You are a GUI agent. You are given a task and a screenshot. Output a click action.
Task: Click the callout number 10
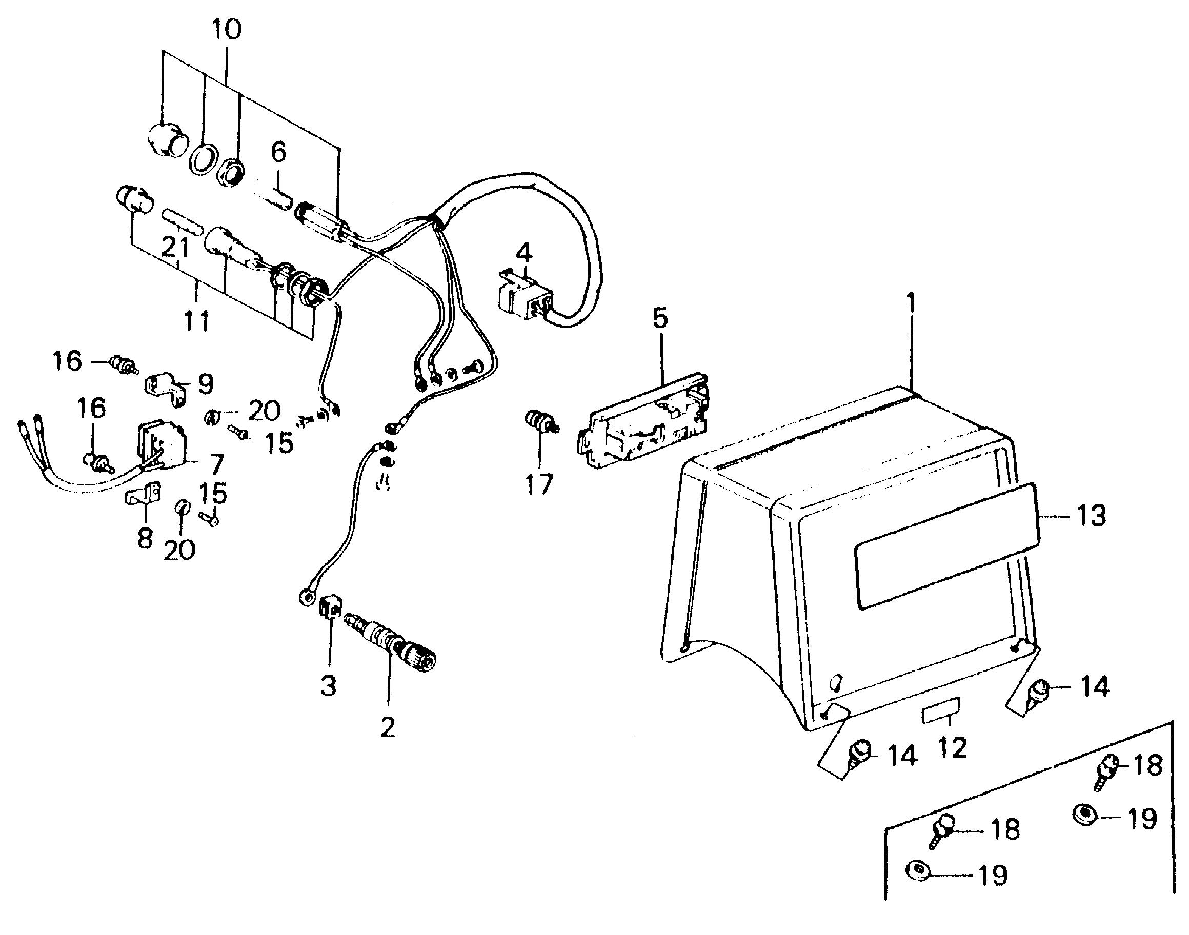[x=227, y=30]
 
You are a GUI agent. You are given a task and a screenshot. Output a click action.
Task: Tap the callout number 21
[x=175, y=248]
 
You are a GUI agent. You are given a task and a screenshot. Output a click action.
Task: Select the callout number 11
[x=196, y=321]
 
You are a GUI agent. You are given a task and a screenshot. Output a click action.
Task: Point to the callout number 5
[x=661, y=318]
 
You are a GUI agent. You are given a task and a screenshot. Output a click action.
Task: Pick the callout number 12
[x=952, y=748]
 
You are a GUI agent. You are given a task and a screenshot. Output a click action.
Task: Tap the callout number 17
[x=539, y=484]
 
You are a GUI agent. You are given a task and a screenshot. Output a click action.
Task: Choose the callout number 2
[x=388, y=728]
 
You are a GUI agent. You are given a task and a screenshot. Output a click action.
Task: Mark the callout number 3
[x=329, y=685]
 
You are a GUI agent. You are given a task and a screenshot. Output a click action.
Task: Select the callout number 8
[x=144, y=539]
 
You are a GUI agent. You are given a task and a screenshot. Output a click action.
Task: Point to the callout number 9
[x=205, y=384]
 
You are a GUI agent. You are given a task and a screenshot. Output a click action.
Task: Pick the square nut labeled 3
[x=330, y=607]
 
